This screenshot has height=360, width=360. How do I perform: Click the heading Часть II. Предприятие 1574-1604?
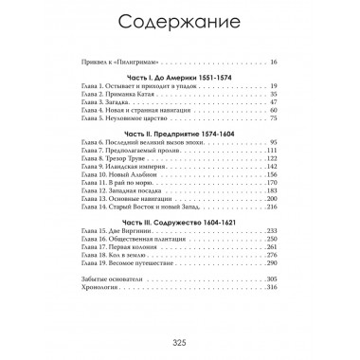[x=179, y=133]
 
